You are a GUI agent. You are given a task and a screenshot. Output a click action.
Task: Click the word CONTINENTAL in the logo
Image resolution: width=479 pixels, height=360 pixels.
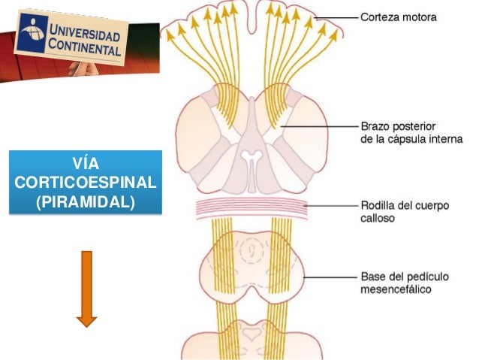(x=86, y=50)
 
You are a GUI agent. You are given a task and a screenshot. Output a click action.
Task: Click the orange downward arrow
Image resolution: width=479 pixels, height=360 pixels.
(x=87, y=289)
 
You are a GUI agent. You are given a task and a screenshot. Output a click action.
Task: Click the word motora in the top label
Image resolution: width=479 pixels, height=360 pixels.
(x=419, y=17)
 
